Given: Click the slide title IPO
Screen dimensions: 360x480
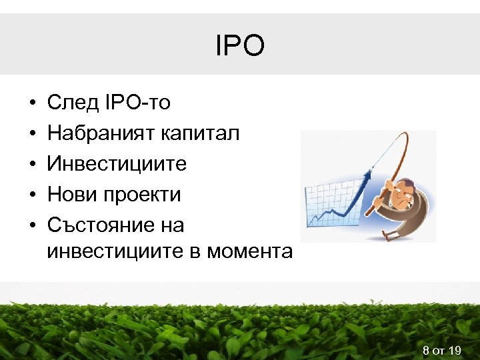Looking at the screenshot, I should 240,46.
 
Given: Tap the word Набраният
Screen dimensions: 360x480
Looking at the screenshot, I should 101,133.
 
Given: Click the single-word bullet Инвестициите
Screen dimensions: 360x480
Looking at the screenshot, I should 117,164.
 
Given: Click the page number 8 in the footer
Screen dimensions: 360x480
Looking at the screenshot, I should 425,351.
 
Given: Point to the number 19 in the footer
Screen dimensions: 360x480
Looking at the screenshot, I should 455,351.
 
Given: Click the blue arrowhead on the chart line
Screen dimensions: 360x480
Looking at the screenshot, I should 367,175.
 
